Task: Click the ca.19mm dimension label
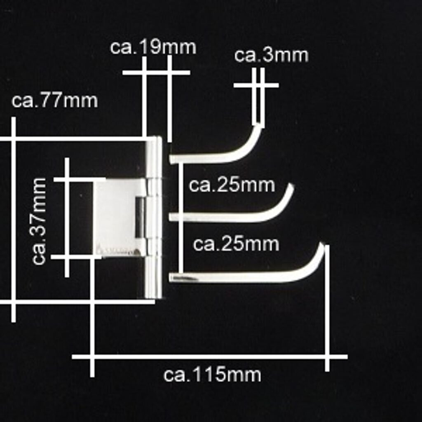[x=153, y=47]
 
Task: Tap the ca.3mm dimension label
[x=271, y=56]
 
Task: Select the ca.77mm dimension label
[x=55, y=101]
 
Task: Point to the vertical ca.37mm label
[x=40, y=221]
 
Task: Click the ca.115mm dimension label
[x=212, y=375]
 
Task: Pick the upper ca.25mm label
[x=232, y=185]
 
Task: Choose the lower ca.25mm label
[x=236, y=244]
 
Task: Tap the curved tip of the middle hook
[x=291, y=188]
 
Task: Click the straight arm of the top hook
[x=202, y=158]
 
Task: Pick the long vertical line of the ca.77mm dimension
[x=14, y=218]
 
